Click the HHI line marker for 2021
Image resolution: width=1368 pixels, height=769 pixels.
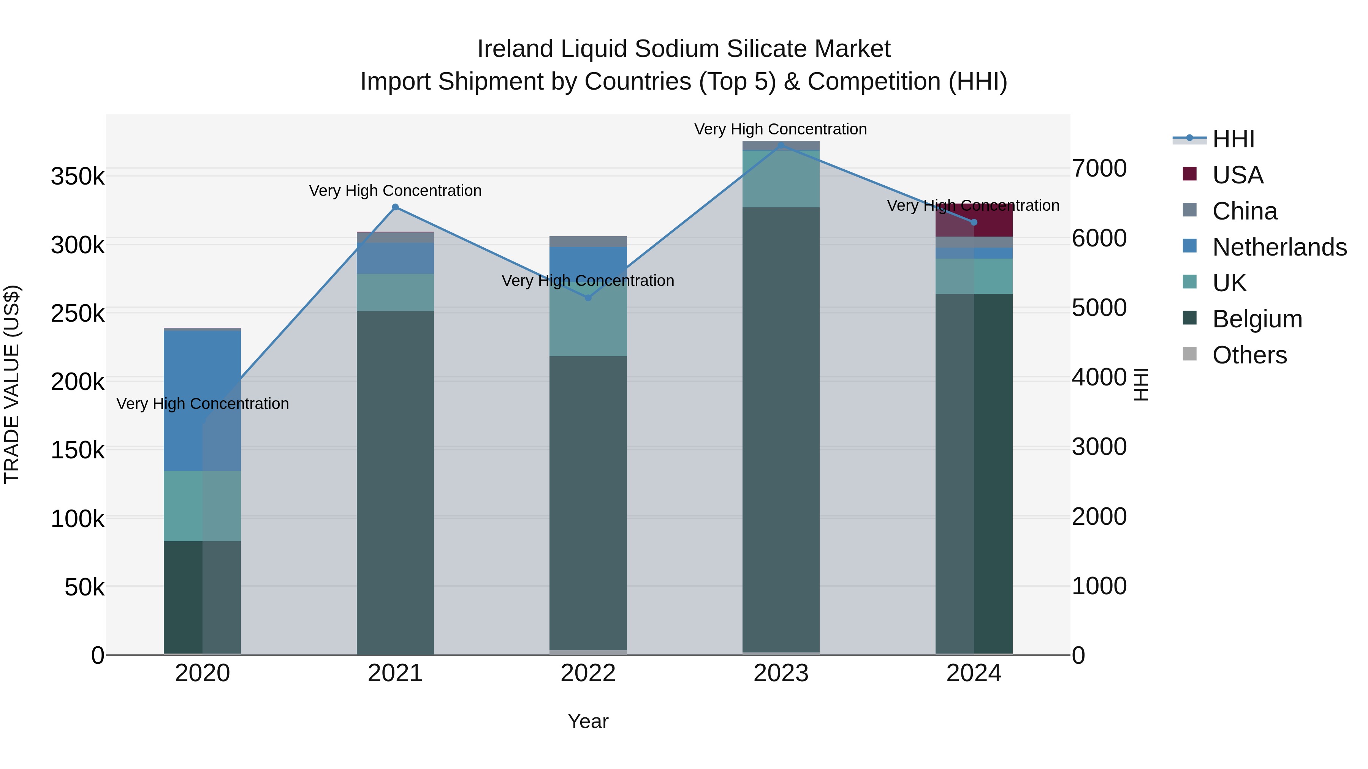click(x=395, y=207)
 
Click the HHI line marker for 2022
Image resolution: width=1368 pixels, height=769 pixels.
click(x=588, y=298)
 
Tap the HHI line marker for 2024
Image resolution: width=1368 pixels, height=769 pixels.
click(x=974, y=223)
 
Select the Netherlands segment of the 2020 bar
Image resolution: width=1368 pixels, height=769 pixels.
click(x=202, y=400)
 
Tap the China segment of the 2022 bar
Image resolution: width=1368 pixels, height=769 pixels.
click(x=588, y=242)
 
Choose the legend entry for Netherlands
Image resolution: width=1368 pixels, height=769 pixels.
click(x=1279, y=247)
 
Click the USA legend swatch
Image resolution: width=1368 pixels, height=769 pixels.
click(x=1189, y=174)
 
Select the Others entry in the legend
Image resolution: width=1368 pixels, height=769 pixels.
click(x=1249, y=355)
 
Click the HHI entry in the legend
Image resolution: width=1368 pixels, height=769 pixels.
click(x=1233, y=139)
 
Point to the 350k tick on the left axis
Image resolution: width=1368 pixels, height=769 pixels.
click(x=78, y=176)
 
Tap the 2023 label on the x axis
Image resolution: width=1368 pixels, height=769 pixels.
click(x=781, y=673)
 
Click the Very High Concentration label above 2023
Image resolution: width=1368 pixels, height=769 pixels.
click(x=780, y=129)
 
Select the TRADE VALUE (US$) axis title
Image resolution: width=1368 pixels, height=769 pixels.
click(x=12, y=384)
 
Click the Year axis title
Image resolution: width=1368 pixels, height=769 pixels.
click(x=588, y=721)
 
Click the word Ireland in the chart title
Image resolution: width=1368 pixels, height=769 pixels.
click(x=515, y=49)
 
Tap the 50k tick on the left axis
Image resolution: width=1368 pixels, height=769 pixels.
click(x=84, y=587)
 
